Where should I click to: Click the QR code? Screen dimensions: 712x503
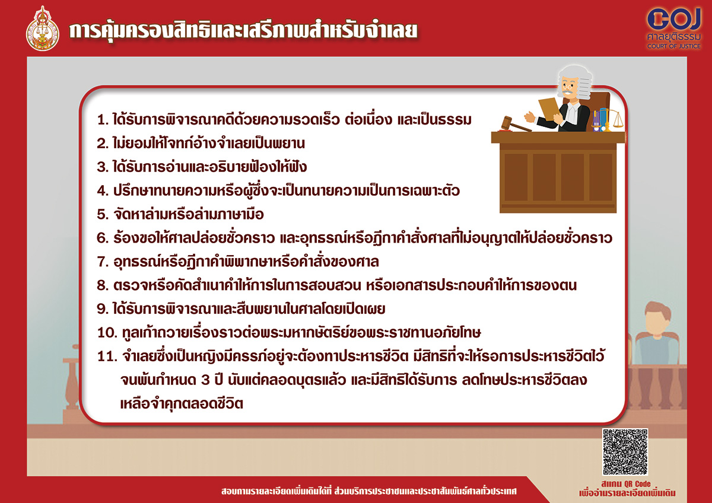tap(625, 451)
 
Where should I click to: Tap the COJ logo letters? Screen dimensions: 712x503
tap(673, 19)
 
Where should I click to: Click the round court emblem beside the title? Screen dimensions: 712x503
tap(42, 29)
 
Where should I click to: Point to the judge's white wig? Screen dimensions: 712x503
tap(576, 81)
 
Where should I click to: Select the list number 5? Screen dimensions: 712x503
tap(102, 215)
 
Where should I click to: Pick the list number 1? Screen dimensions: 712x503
tap(101, 120)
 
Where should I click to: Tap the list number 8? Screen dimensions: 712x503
tap(102, 285)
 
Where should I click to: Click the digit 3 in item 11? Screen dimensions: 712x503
tap(205, 380)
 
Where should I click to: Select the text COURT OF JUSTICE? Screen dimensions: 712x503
tap(674, 46)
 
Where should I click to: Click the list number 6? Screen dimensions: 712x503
tap(102, 238)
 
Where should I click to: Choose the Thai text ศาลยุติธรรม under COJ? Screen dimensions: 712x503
tap(674, 37)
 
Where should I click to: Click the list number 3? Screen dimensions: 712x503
tap(102, 167)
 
